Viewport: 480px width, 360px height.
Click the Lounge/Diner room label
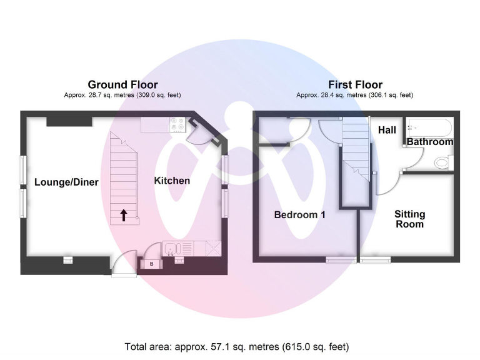point(66,182)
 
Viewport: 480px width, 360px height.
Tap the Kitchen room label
point(172,181)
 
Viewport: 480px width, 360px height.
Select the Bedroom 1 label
point(300,215)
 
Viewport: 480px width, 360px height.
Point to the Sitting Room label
point(409,219)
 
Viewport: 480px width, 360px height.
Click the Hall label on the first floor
point(387,130)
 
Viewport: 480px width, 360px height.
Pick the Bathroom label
point(430,142)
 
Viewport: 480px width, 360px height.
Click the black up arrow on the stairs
point(123,215)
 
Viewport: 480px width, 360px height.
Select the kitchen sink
point(172,249)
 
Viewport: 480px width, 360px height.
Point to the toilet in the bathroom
point(442,163)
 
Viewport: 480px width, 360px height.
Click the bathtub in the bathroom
point(429,127)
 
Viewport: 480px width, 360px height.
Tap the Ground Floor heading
point(122,84)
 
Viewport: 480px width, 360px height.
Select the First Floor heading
point(355,84)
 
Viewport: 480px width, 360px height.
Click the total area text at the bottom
point(237,346)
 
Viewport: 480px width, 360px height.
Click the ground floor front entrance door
point(122,266)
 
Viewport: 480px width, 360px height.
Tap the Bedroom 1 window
point(341,260)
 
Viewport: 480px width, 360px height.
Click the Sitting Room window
point(376,260)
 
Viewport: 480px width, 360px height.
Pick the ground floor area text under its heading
point(122,95)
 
